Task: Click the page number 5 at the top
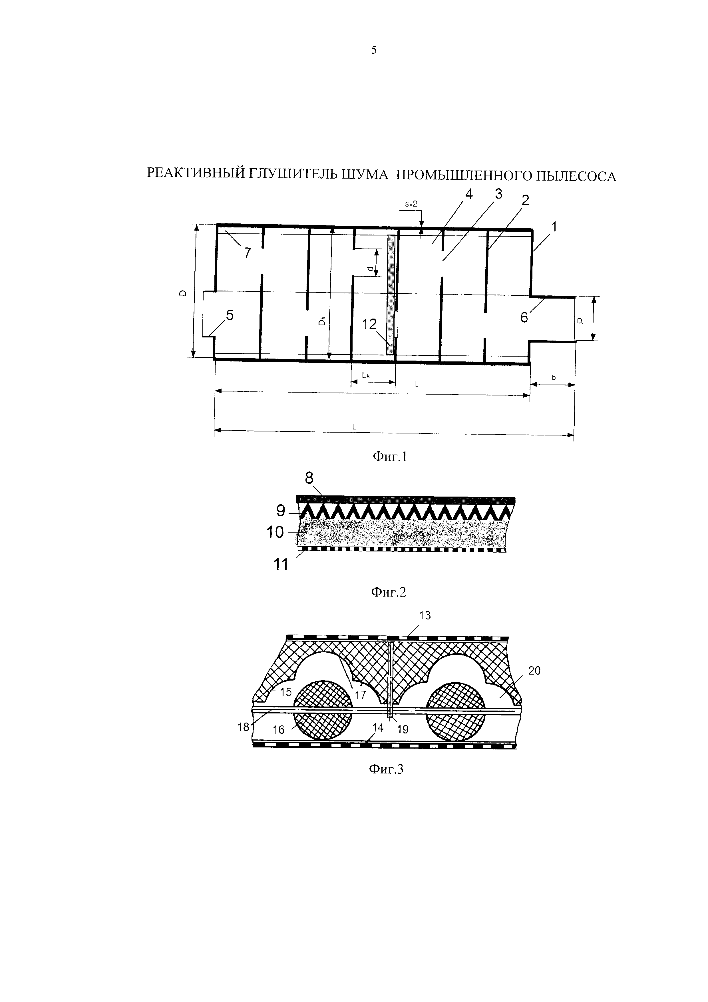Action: point(374,50)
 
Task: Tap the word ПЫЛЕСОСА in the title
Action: point(576,176)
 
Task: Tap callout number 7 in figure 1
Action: point(248,253)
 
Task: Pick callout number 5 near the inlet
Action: point(229,315)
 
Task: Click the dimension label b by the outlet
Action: point(554,377)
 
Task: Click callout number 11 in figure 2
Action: point(281,565)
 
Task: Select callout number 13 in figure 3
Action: point(425,615)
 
